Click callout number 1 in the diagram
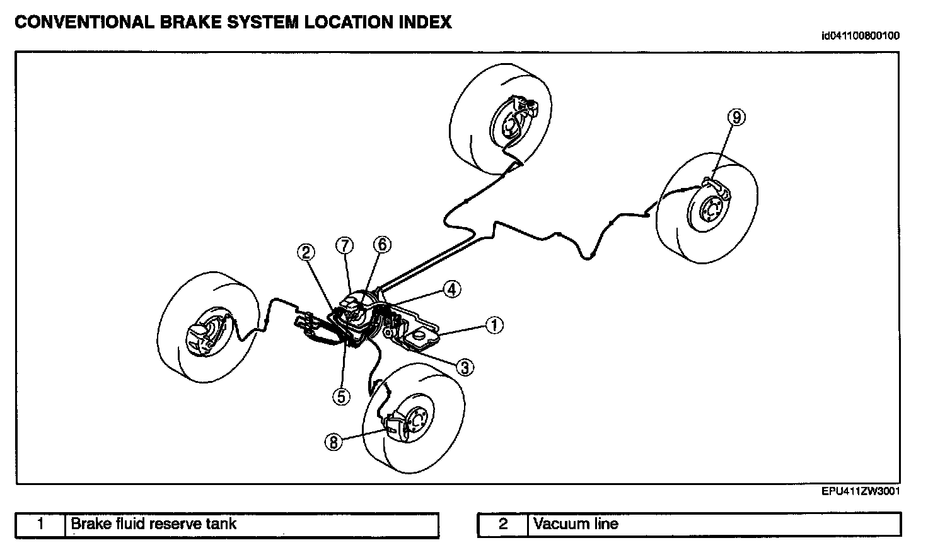[495, 325]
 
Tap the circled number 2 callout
[306, 253]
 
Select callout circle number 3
[465, 367]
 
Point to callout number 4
[451, 290]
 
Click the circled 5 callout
[341, 395]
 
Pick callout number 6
[382, 245]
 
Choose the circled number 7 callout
[345, 245]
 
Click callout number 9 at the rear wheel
[736, 117]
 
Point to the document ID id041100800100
[860, 36]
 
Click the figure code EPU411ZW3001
[860, 491]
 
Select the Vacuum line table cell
[575, 524]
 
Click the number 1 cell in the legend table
[41, 524]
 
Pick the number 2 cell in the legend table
[503, 524]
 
